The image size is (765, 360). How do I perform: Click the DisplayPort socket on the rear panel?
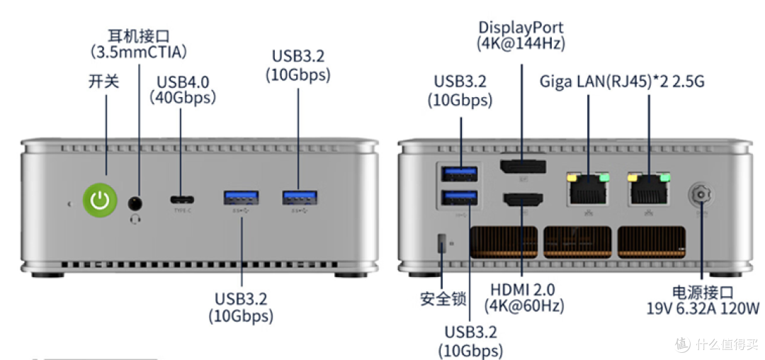pos(522,168)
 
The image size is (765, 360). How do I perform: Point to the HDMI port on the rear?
pos(522,199)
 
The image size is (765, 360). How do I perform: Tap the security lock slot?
pos(443,243)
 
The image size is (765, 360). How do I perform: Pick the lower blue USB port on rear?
pos(461,199)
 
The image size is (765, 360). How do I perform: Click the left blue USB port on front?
pos(241,198)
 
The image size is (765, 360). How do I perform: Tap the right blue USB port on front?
pos(299,198)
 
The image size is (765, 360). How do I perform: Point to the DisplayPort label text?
pos(521,28)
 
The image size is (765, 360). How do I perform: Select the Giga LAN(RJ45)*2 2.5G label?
pos(622,81)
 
